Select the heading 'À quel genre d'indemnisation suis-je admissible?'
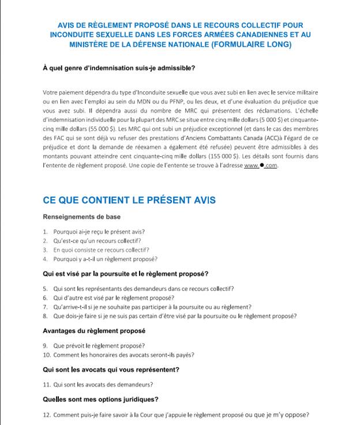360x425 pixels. pyautogui.click(x=119, y=68)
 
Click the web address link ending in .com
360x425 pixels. pyautogui.click(x=261, y=166)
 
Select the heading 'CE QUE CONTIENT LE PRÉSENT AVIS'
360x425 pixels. pyautogui.click(x=129, y=200)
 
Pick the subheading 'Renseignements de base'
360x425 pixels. pyautogui.click(x=82, y=217)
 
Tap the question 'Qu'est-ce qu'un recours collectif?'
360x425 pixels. pyautogui.click(x=96, y=241)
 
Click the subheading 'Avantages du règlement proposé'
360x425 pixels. pyautogui.click(x=94, y=331)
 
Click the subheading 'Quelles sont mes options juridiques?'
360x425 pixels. pyautogui.click(x=101, y=399)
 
